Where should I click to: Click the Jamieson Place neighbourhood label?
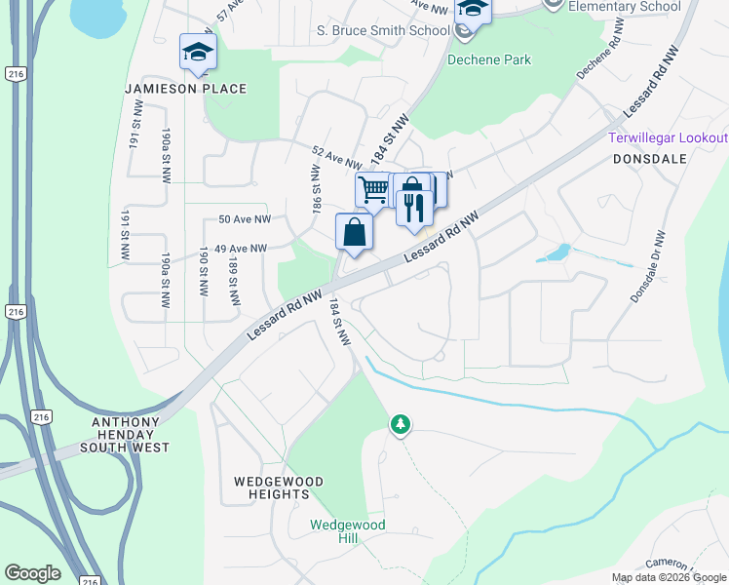point(186,89)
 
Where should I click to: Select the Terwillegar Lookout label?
point(668,137)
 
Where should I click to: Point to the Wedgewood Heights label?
point(272,487)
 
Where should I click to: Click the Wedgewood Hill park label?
point(348,531)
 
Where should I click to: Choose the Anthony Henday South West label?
point(132,435)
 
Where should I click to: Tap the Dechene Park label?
point(489,59)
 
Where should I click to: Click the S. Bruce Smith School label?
point(383,30)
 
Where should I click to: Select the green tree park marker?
point(400,424)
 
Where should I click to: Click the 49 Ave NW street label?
point(241,249)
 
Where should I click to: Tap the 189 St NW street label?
point(234,279)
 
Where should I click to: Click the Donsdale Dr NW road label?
point(648,266)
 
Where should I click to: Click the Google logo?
point(33,573)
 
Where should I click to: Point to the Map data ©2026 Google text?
point(668,577)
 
